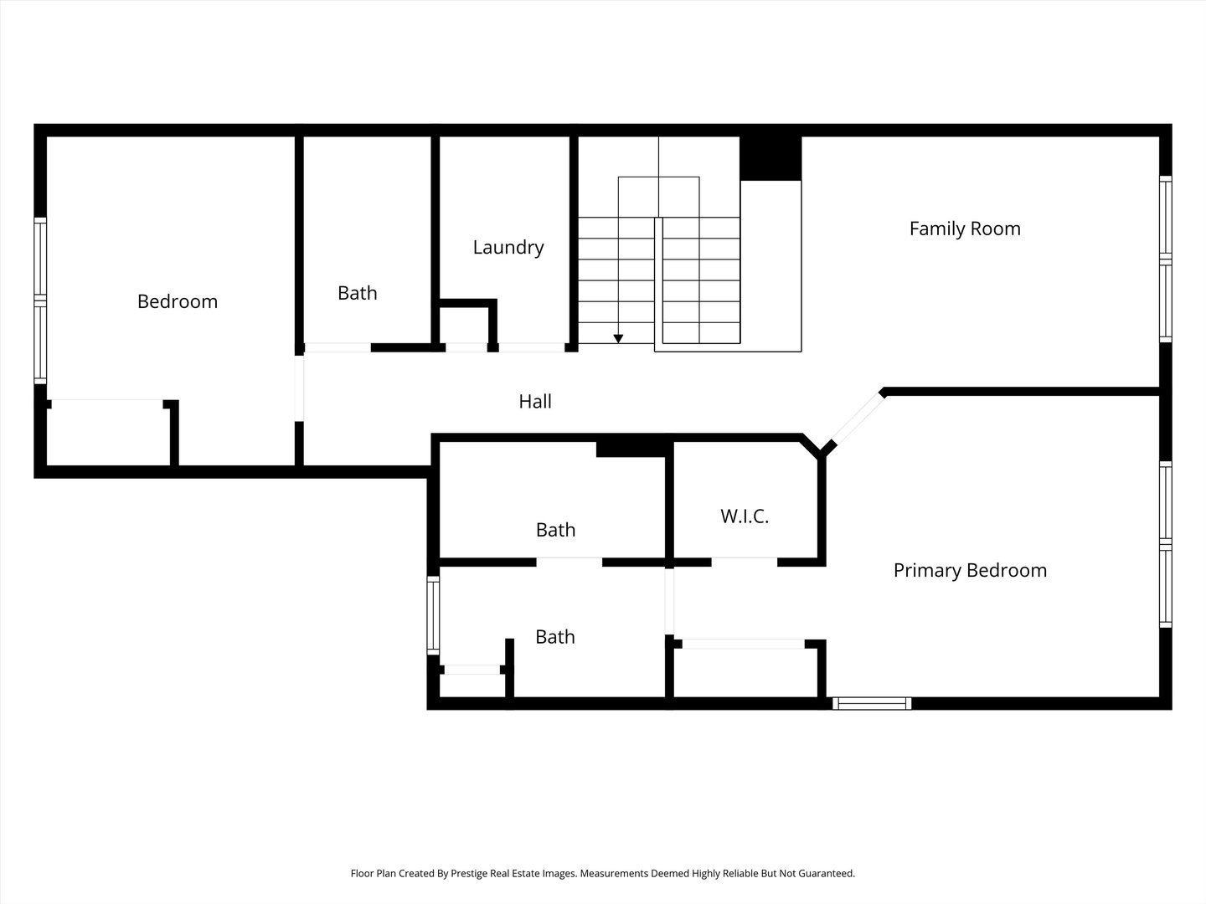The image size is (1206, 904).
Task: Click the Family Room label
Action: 965,229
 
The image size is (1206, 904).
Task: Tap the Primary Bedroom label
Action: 970,570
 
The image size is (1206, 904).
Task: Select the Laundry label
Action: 508,248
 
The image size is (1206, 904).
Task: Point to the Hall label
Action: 534,401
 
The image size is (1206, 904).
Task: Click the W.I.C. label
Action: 745,516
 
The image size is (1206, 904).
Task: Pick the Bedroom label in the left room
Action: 178,301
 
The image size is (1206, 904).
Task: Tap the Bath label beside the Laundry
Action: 357,293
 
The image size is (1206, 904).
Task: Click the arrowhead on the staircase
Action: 618,339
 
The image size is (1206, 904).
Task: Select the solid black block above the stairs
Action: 770,158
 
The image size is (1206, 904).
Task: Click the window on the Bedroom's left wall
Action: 40,300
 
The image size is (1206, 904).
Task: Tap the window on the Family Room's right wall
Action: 1166,259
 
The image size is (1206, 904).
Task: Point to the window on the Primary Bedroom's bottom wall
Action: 872,704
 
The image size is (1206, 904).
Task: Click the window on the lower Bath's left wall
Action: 433,615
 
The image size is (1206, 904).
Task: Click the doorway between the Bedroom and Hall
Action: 299,388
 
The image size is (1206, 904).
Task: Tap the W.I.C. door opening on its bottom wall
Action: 745,562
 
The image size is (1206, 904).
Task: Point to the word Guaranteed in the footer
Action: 826,873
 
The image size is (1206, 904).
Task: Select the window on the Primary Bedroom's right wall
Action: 1166,544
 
